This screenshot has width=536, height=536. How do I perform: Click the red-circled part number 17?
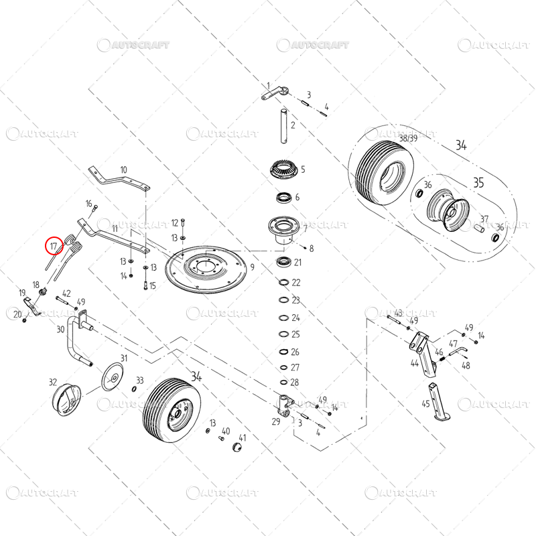pos(54,246)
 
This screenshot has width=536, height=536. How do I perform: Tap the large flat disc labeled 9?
pos(206,269)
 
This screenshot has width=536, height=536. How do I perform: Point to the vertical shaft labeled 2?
pos(283,126)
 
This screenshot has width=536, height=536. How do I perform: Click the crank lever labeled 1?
pos(275,93)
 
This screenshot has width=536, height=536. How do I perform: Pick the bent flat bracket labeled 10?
pos(118,178)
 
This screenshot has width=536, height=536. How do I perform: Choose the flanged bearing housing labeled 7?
pos(283,230)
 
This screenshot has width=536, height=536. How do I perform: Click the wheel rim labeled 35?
pos(448,210)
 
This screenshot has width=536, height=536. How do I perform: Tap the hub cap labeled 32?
pos(66,399)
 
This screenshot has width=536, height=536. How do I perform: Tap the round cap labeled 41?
pos(237,447)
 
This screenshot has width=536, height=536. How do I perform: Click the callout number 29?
pos(276,422)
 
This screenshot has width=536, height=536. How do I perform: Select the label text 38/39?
pos(408,138)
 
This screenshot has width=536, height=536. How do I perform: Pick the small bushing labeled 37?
pos(479,227)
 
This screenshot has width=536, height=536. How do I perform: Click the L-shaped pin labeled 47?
pos(458,350)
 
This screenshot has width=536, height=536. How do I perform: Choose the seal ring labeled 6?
pos(283,198)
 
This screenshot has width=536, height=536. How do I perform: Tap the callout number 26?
pos(295,352)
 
